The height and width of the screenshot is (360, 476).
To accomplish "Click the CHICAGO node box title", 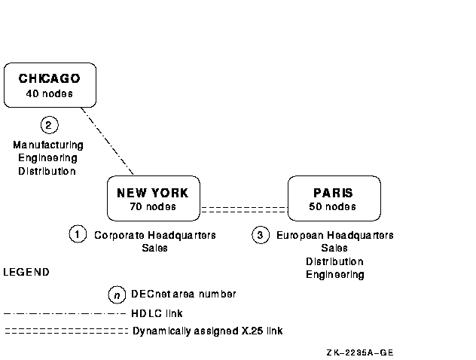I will [49, 78].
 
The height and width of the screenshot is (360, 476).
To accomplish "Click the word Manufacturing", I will [48, 145].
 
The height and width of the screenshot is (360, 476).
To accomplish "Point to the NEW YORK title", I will [153, 193].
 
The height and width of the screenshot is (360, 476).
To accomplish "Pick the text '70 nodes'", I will [153, 206].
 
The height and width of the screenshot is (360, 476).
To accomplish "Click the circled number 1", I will [78, 234].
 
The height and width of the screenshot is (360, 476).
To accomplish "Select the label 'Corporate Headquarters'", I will [154, 235].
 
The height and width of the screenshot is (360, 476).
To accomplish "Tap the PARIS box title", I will [333, 193].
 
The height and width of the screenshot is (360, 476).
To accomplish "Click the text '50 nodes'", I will [333, 206].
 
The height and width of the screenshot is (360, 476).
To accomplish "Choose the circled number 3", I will [260, 235].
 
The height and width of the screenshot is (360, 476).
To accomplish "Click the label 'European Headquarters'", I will [335, 235].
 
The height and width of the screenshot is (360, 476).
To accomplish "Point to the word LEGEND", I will [26, 272].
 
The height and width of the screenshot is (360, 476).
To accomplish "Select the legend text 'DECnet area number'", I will [184, 294].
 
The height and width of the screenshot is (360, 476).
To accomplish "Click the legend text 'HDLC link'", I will [157, 313].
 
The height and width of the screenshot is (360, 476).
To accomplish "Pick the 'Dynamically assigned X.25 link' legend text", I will [207, 331].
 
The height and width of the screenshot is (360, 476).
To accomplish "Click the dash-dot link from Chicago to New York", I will [107, 140].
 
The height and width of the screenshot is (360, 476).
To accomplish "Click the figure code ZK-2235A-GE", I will [360, 352].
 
